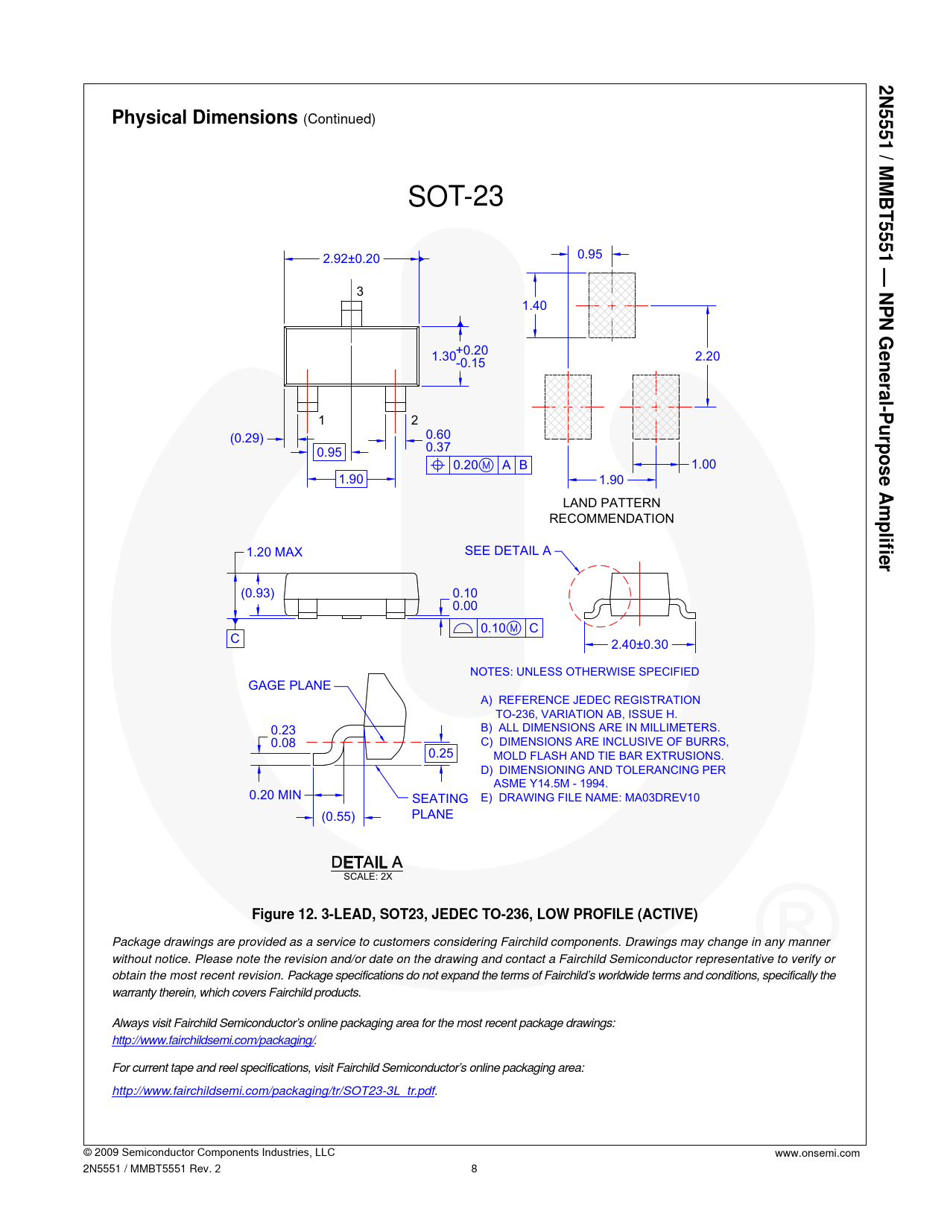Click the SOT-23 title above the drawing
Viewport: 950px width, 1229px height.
pos(455,196)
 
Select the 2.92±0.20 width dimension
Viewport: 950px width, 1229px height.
pos(351,258)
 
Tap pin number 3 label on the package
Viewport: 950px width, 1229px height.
pos(360,291)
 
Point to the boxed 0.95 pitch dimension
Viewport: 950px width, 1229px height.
pos(329,452)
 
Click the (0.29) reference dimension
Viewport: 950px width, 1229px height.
pos(247,438)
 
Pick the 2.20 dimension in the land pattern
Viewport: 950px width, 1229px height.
pos(707,356)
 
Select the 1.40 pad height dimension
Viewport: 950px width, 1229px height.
pos(534,305)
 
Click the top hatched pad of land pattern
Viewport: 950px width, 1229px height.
pos(612,305)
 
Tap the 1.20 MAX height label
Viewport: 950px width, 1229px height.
pos(274,552)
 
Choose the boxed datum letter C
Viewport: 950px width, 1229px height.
pos(235,638)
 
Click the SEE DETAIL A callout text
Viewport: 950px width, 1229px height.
pos(507,551)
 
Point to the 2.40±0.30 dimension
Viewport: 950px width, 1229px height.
pos(639,644)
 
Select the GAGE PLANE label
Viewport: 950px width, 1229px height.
pos(289,685)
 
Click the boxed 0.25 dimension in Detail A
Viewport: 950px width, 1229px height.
pos(441,753)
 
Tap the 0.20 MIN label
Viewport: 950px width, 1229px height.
pos(275,795)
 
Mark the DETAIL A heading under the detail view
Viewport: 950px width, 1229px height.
pos(367,863)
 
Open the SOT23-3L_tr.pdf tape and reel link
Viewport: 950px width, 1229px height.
pos(273,1090)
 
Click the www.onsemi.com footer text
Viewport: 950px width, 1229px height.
pos(817,1153)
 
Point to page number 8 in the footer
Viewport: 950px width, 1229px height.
pos(474,1169)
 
